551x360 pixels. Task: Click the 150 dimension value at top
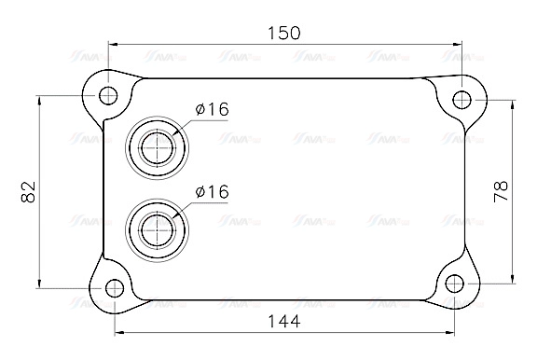[284, 33]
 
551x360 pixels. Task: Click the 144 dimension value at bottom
[283, 322]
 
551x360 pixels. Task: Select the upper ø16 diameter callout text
[212, 110]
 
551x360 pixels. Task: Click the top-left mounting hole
[108, 95]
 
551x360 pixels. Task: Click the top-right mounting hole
[461, 99]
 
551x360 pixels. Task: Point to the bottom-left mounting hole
[114, 287]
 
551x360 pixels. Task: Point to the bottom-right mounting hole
[455, 284]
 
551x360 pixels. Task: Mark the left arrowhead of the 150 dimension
[113, 43]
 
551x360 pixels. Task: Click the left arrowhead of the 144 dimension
[118, 332]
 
